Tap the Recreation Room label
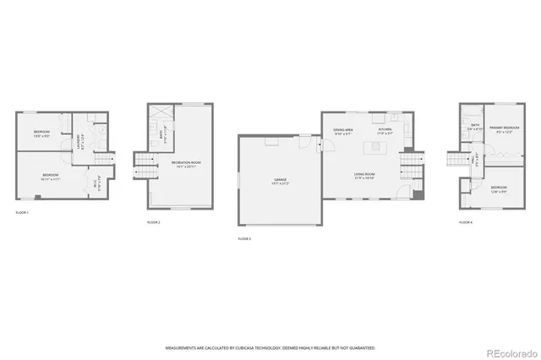pos(183,163)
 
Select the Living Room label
pos(365,175)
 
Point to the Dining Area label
pos(342,131)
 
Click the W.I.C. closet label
pos(98,179)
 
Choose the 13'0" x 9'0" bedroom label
pos(42,134)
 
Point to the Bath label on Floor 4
pos(475,128)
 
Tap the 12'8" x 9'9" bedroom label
pos(498,188)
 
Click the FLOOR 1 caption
pos(22,212)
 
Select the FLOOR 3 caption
pos(245,239)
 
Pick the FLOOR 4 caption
pos(466,221)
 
